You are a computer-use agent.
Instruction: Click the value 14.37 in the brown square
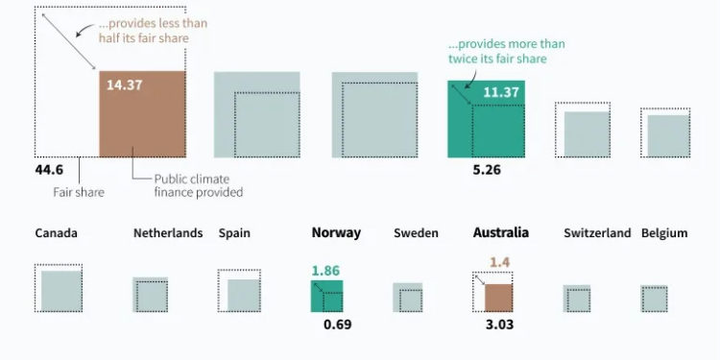click(x=125, y=84)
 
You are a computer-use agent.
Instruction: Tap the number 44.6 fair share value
click(x=49, y=170)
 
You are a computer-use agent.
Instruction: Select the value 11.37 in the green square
click(x=501, y=92)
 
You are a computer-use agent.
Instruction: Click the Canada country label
click(x=56, y=233)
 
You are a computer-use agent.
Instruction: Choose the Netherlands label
click(x=168, y=233)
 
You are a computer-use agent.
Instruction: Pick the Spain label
click(x=234, y=233)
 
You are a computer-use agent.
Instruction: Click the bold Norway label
click(x=336, y=233)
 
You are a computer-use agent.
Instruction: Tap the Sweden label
click(x=416, y=233)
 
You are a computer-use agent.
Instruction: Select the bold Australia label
click(x=501, y=233)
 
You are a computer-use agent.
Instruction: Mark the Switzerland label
click(x=597, y=233)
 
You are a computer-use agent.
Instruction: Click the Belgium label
click(x=664, y=233)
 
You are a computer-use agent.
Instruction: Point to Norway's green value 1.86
click(x=325, y=272)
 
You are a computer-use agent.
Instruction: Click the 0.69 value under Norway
click(x=338, y=324)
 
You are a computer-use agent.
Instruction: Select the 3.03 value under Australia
click(x=499, y=324)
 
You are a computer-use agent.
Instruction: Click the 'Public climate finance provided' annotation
click(x=199, y=184)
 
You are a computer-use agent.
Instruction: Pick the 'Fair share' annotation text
click(x=78, y=192)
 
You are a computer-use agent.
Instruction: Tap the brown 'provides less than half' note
click(x=154, y=30)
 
